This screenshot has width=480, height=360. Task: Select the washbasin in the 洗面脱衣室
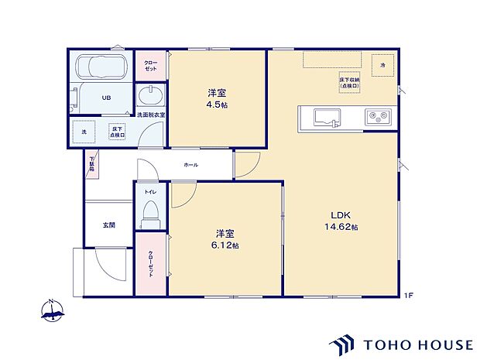(150, 97)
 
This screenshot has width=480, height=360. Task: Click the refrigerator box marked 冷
(382, 67)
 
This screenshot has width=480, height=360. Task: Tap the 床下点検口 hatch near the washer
(117, 132)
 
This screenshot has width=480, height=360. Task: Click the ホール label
(190, 165)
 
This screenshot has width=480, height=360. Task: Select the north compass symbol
(52, 310)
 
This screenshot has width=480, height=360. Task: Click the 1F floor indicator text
(407, 295)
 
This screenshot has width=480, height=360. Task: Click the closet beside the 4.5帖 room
(151, 65)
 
